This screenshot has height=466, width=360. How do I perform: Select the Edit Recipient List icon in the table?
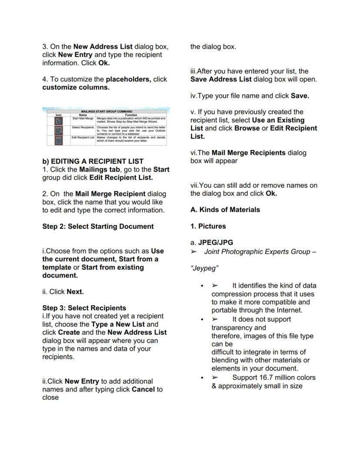click(58, 140)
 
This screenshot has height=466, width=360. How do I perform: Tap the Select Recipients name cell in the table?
click(83, 127)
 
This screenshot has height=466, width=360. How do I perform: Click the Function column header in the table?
click(131, 115)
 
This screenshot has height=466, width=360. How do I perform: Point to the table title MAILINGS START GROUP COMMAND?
click(107, 111)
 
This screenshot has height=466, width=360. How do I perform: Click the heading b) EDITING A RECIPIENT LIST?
click(93, 161)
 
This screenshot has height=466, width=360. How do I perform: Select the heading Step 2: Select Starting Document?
click(98, 226)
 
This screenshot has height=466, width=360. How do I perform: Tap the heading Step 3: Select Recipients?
click(84, 308)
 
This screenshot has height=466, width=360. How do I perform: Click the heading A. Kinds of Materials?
click(225, 210)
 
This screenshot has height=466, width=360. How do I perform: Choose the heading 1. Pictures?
click(208, 226)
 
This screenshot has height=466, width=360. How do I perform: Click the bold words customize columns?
click(76, 87)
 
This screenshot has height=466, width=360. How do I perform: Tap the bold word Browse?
click(247, 128)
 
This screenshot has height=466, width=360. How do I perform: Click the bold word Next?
click(75, 292)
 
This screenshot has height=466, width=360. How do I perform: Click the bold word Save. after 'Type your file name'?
click(300, 96)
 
